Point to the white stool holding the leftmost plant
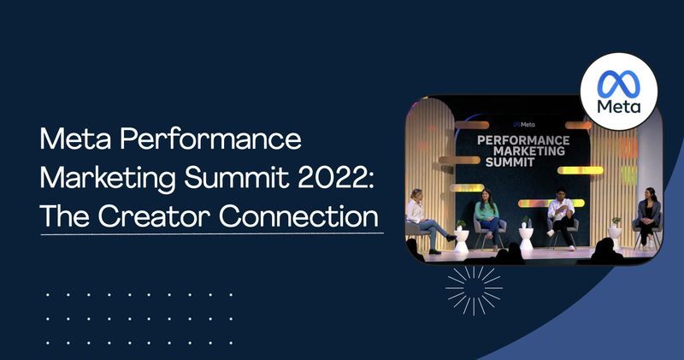(x=462, y=239)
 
